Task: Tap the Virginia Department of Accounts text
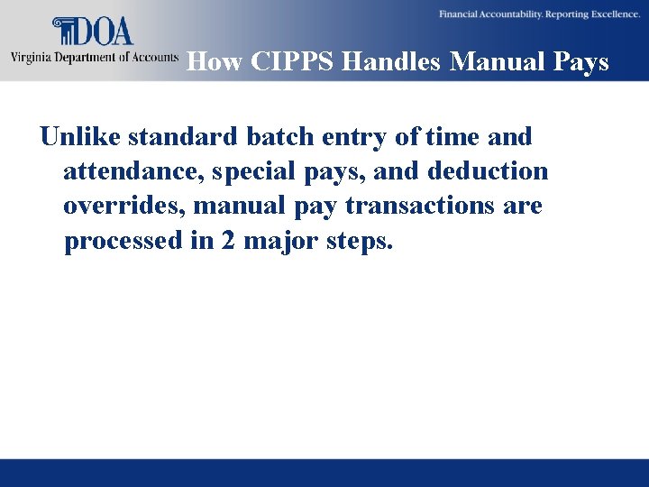[x=94, y=57]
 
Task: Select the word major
[x=270, y=242]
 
